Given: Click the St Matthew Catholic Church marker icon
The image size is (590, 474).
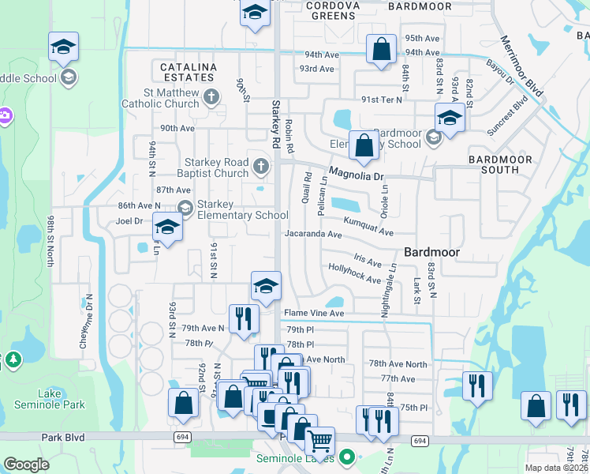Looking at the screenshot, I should click(210, 97).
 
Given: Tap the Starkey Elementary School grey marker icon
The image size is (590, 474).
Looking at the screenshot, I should click(185, 208).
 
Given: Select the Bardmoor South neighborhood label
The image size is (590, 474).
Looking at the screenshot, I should click(505, 164).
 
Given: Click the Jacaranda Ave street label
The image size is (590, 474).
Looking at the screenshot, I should click(313, 235).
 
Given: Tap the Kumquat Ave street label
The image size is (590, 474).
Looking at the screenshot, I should click(368, 227).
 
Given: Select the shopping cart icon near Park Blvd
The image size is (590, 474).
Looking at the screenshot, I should click(319, 439).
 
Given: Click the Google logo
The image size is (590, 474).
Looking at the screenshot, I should click(26, 465).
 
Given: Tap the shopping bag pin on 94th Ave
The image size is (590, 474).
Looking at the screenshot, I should click(381, 48).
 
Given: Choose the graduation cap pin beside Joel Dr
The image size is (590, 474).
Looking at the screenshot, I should click(167, 227).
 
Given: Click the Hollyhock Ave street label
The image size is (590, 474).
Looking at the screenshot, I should click(354, 273).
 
